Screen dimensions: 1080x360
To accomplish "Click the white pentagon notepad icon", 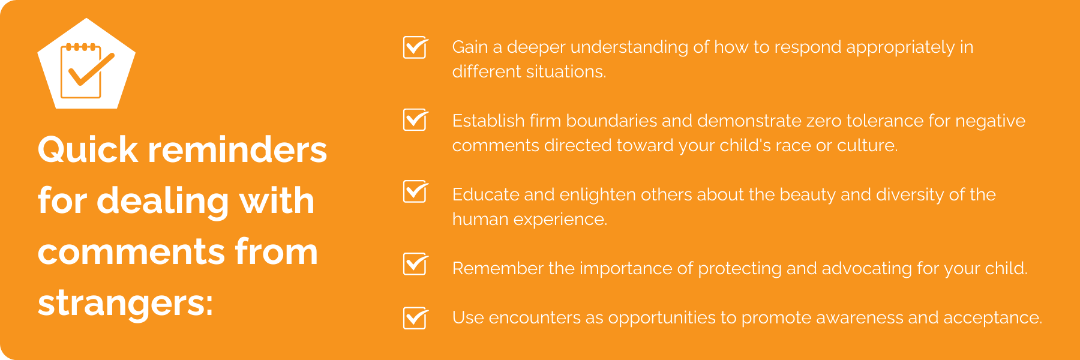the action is [86, 65].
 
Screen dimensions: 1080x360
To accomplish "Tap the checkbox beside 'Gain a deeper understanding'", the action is [415, 47].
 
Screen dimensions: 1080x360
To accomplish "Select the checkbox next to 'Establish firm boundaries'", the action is [415, 120].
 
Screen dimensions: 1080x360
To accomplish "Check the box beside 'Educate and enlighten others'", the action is [415, 192].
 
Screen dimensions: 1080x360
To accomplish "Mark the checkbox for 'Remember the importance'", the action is [415, 264].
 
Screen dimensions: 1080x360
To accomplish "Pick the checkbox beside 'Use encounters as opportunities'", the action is [415, 318].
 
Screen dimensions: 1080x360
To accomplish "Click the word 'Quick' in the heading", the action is [88, 149].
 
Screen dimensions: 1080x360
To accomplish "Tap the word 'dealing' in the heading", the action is [163, 202].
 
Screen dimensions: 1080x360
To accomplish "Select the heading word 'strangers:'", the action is [125, 303].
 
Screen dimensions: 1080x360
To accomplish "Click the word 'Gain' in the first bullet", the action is [470, 47].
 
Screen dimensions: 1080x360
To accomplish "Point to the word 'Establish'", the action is [488, 121].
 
